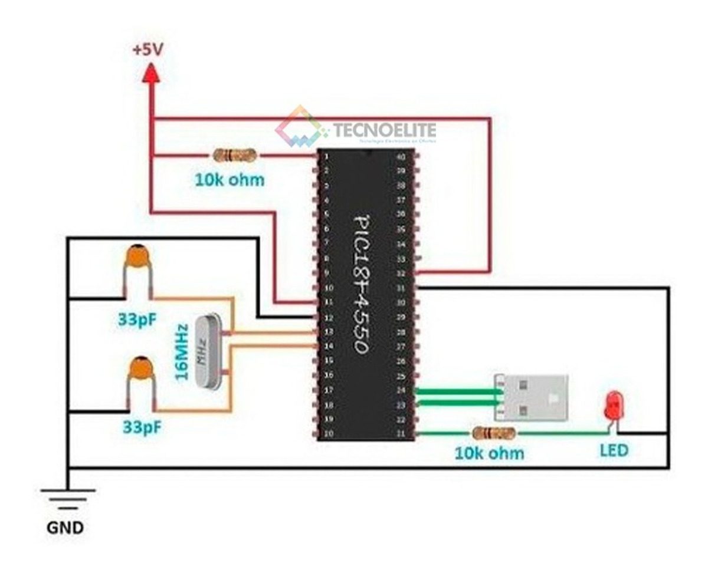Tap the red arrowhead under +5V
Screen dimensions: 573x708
tap(152, 73)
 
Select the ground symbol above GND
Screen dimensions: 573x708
tap(68, 498)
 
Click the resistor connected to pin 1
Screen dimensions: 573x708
tap(234, 156)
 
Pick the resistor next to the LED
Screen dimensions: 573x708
tap(493, 434)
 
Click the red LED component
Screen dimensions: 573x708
tap(612, 406)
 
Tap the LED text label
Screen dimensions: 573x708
tap(614, 451)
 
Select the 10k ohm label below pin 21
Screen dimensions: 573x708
tap(489, 453)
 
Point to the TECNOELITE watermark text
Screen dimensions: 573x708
tap(384, 130)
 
